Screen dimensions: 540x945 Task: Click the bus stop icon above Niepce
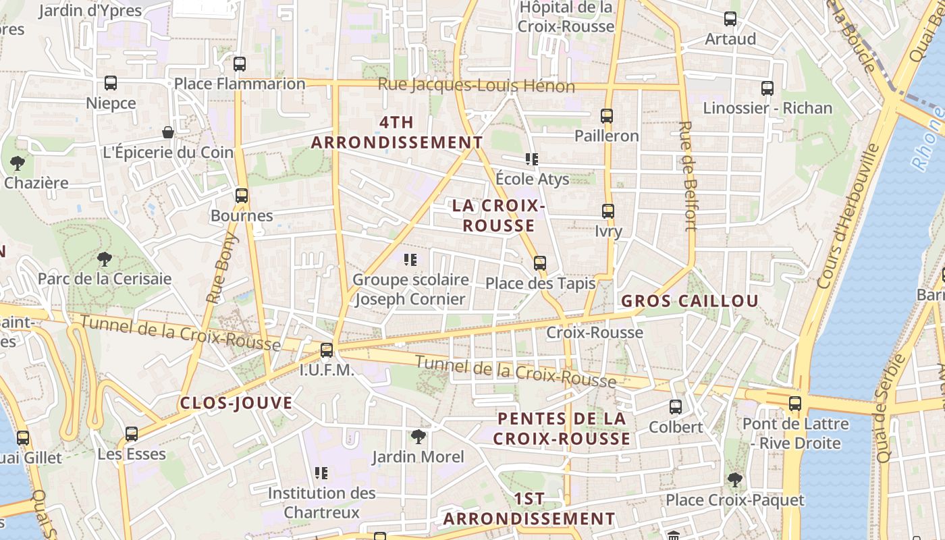coord(111,83)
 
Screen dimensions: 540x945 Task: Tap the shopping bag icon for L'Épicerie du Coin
coord(168,132)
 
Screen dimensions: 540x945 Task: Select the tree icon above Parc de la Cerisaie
coord(104,259)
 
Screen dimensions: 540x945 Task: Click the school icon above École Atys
coord(532,159)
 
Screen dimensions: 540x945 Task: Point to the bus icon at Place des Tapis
coord(539,263)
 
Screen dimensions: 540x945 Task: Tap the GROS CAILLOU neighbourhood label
coord(690,301)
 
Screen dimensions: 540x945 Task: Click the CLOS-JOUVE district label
coord(236,403)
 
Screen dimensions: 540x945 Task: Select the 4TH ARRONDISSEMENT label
coord(397,132)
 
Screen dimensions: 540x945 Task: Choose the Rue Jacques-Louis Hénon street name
coord(476,86)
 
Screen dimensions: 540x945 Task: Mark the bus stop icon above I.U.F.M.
coord(327,350)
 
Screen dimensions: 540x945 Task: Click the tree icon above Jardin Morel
coord(418,436)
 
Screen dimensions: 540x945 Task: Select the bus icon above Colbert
coord(676,406)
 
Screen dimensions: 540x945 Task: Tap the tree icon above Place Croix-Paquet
coord(734,479)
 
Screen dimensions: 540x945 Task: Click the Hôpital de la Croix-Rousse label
coord(566,17)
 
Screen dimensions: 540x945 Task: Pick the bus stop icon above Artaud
coord(730,19)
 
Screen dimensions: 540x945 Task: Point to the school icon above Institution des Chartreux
coord(321,473)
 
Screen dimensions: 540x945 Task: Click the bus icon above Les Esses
coord(132,433)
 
